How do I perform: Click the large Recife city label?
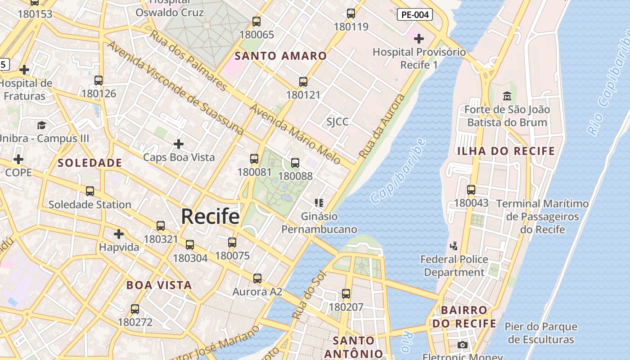pyautogui.click(x=210, y=216)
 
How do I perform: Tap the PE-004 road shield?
pyautogui.click(x=415, y=14)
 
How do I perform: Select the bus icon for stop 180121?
pyautogui.click(x=303, y=82)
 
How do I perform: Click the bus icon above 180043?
pyautogui.click(x=471, y=190)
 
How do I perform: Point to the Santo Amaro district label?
pyautogui.click(x=281, y=56)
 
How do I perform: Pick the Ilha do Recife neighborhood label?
pyautogui.click(x=506, y=151)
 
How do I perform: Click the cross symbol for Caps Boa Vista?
pyautogui.click(x=179, y=144)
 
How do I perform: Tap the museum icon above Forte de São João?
pyautogui.click(x=507, y=96)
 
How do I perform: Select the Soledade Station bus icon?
pyautogui.click(x=90, y=191)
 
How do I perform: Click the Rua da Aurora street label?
pyautogui.click(x=382, y=126)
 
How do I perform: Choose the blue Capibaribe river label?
pyautogui.click(x=399, y=171)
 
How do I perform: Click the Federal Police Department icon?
pyautogui.click(x=454, y=246)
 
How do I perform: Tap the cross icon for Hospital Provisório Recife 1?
pyautogui.click(x=419, y=39)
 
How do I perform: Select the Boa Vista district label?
pyautogui.click(x=159, y=285)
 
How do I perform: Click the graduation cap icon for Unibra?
pyautogui.click(x=42, y=125)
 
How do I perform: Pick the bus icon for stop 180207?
pyautogui.click(x=346, y=294)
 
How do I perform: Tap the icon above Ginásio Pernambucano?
pyautogui.click(x=319, y=203)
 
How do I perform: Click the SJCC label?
pyautogui.click(x=337, y=122)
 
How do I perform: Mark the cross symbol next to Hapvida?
pyautogui.click(x=119, y=234)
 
